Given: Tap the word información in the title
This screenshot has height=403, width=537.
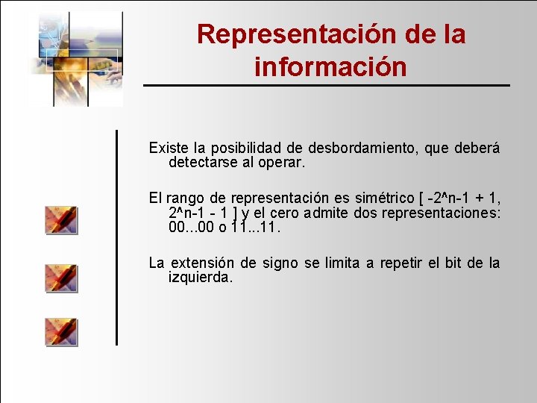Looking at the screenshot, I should (x=330, y=67).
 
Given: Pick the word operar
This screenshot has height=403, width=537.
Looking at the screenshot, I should (x=282, y=162).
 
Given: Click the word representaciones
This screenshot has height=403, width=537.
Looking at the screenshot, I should (x=441, y=213).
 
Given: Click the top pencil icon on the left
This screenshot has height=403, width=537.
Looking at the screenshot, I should (x=61, y=221).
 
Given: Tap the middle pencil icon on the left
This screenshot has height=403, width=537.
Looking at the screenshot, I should (x=61, y=278).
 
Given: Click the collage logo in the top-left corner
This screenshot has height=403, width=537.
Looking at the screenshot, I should (x=75, y=57).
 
